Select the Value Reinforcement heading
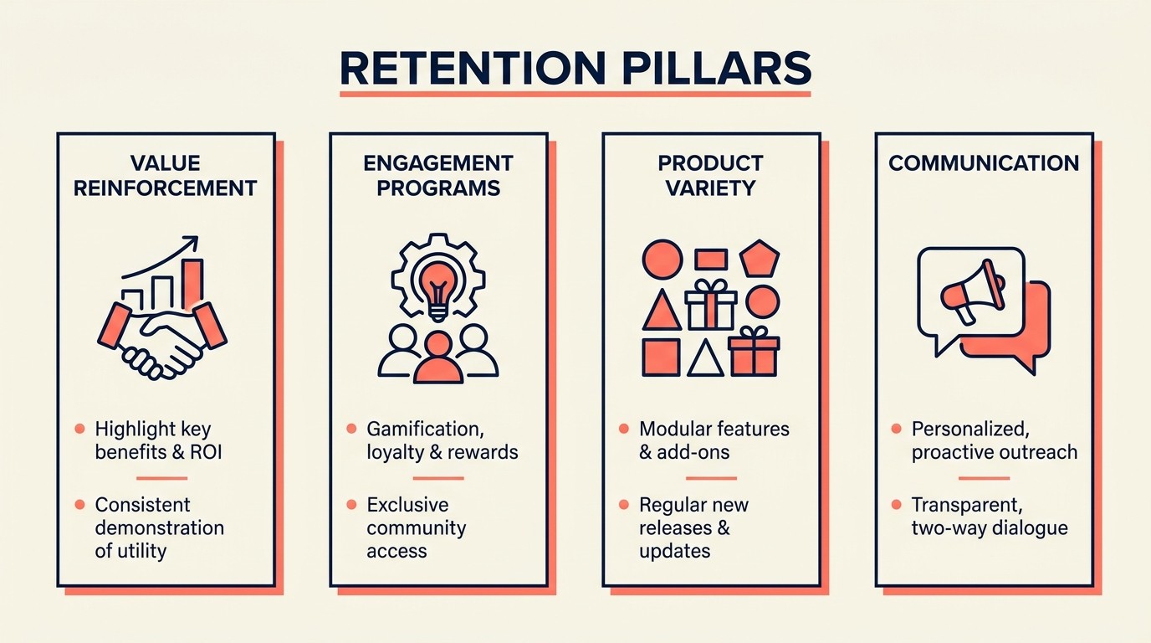[x=165, y=175]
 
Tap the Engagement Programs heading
[x=437, y=175]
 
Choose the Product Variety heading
[x=710, y=175]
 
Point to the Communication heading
[x=984, y=162]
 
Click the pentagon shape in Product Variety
[x=760, y=259]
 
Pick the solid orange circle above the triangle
[x=662, y=259]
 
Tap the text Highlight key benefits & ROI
[x=158, y=440]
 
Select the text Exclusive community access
[x=416, y=527]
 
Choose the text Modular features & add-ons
[x=714, y=440]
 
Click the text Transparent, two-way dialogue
[x=989, y=517]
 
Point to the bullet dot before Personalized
[x=896, y=429]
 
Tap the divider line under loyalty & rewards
[x=437, y=478]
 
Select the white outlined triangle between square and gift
[x=705, y=358]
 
